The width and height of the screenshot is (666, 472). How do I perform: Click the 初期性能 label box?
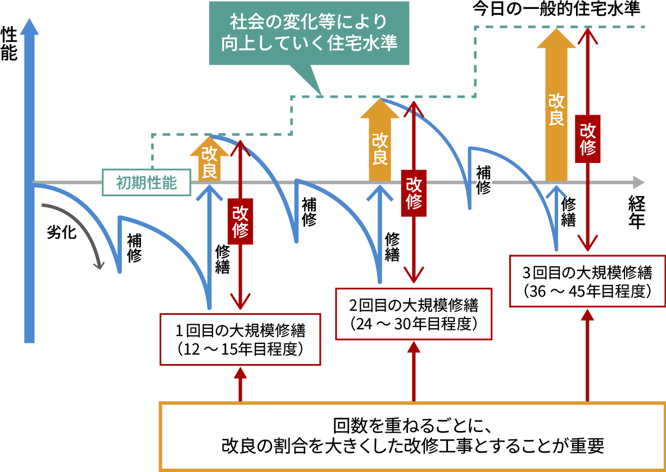pyautogui.click(x=147, y=183)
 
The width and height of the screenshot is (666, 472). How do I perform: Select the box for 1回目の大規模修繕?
pyautogui.click(x=241, y=339)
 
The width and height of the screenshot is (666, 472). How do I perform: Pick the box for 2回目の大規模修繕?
pyautogui.click(x=414, y=314)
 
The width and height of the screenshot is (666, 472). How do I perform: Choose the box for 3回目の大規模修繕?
pyautogui.click(x=587, y=281)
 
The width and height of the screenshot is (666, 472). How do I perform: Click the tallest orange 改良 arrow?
pyautogui.click(x=556, y=107)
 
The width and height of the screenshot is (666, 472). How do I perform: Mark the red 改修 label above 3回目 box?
pyautogui.click(x=588, y=139)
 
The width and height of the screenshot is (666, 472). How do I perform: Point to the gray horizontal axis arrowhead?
pyautogui.click(x=638, y=183)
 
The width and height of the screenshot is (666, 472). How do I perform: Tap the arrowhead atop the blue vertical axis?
pyautogui.click(x=29, y=26)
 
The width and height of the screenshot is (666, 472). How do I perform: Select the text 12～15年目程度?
pyautogui.click(x=241, y=350)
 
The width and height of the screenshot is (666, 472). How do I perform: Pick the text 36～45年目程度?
pyautogui.click(x=587, y=291)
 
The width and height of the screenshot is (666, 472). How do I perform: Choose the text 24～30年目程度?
pyautogui.click(x=414, y=324)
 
